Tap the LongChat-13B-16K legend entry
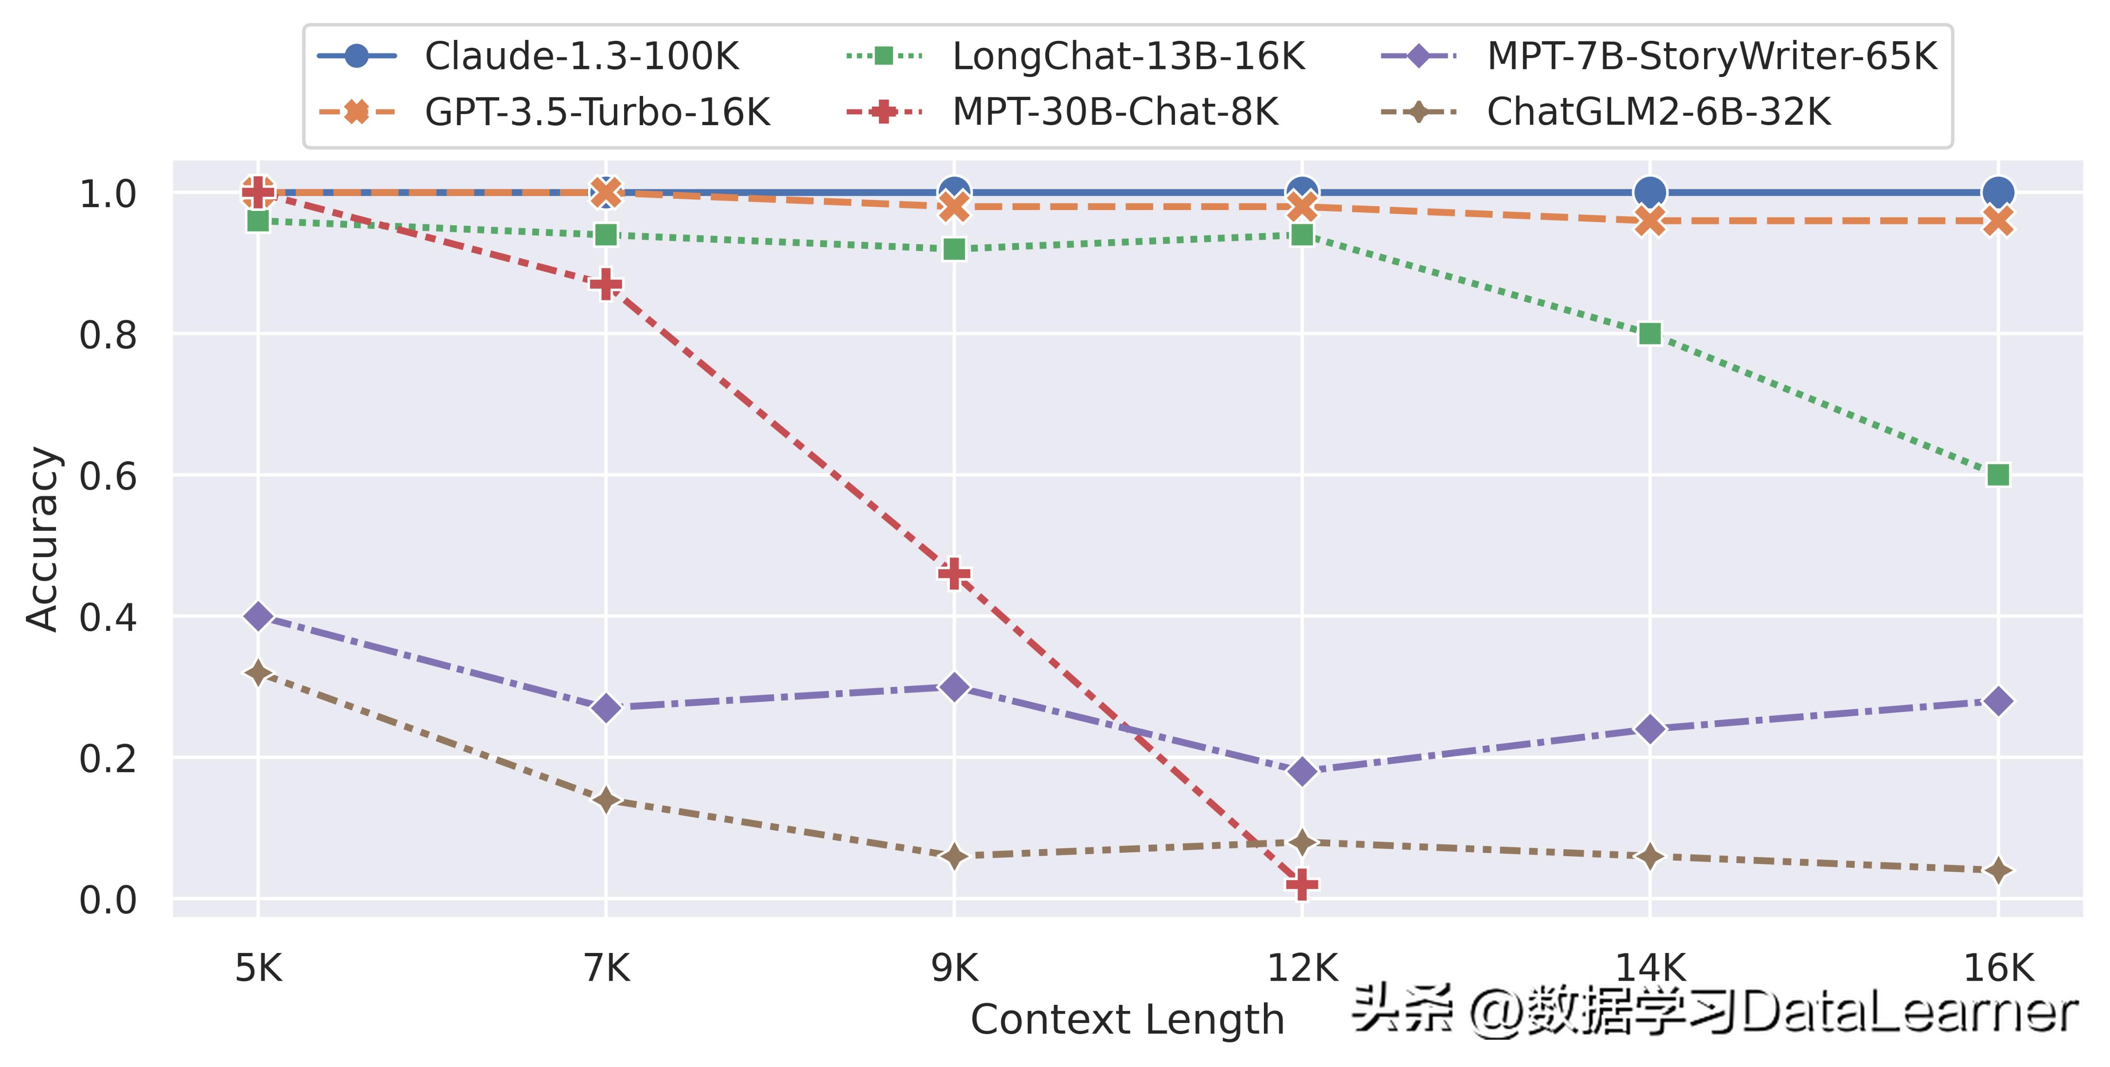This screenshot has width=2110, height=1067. pos(1128,57)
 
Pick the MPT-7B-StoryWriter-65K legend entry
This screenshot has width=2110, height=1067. pos(1711,57)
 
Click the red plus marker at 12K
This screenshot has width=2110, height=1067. pos(1301,884)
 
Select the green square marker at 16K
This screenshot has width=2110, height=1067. pos(1998,475)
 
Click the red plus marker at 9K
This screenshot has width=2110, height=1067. pos(954,574)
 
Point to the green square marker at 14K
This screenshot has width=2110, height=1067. pos(1649,334)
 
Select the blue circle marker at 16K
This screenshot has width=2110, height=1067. pos(1998,192)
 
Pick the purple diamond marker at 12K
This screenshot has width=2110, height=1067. pos(1301,771)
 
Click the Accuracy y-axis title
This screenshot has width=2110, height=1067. pos(43,539)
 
